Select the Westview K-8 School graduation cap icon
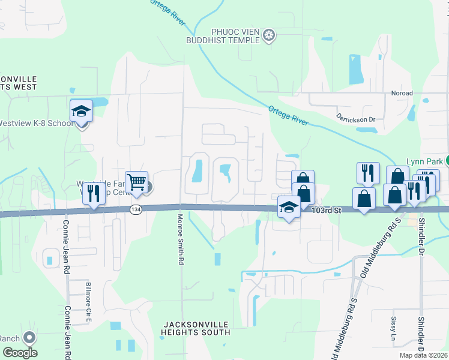click(81, 112)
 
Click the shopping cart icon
click(137, 182)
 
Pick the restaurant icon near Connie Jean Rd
click(93, 194)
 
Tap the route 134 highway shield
click(134, 209)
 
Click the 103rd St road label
click(326, 211)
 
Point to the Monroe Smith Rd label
click(179, 239)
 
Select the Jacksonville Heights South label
click(196, 328)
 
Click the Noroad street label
click(402, 94)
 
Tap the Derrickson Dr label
click(355, 118)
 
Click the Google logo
click(20, 353)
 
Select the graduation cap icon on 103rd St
click(289, 208)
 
